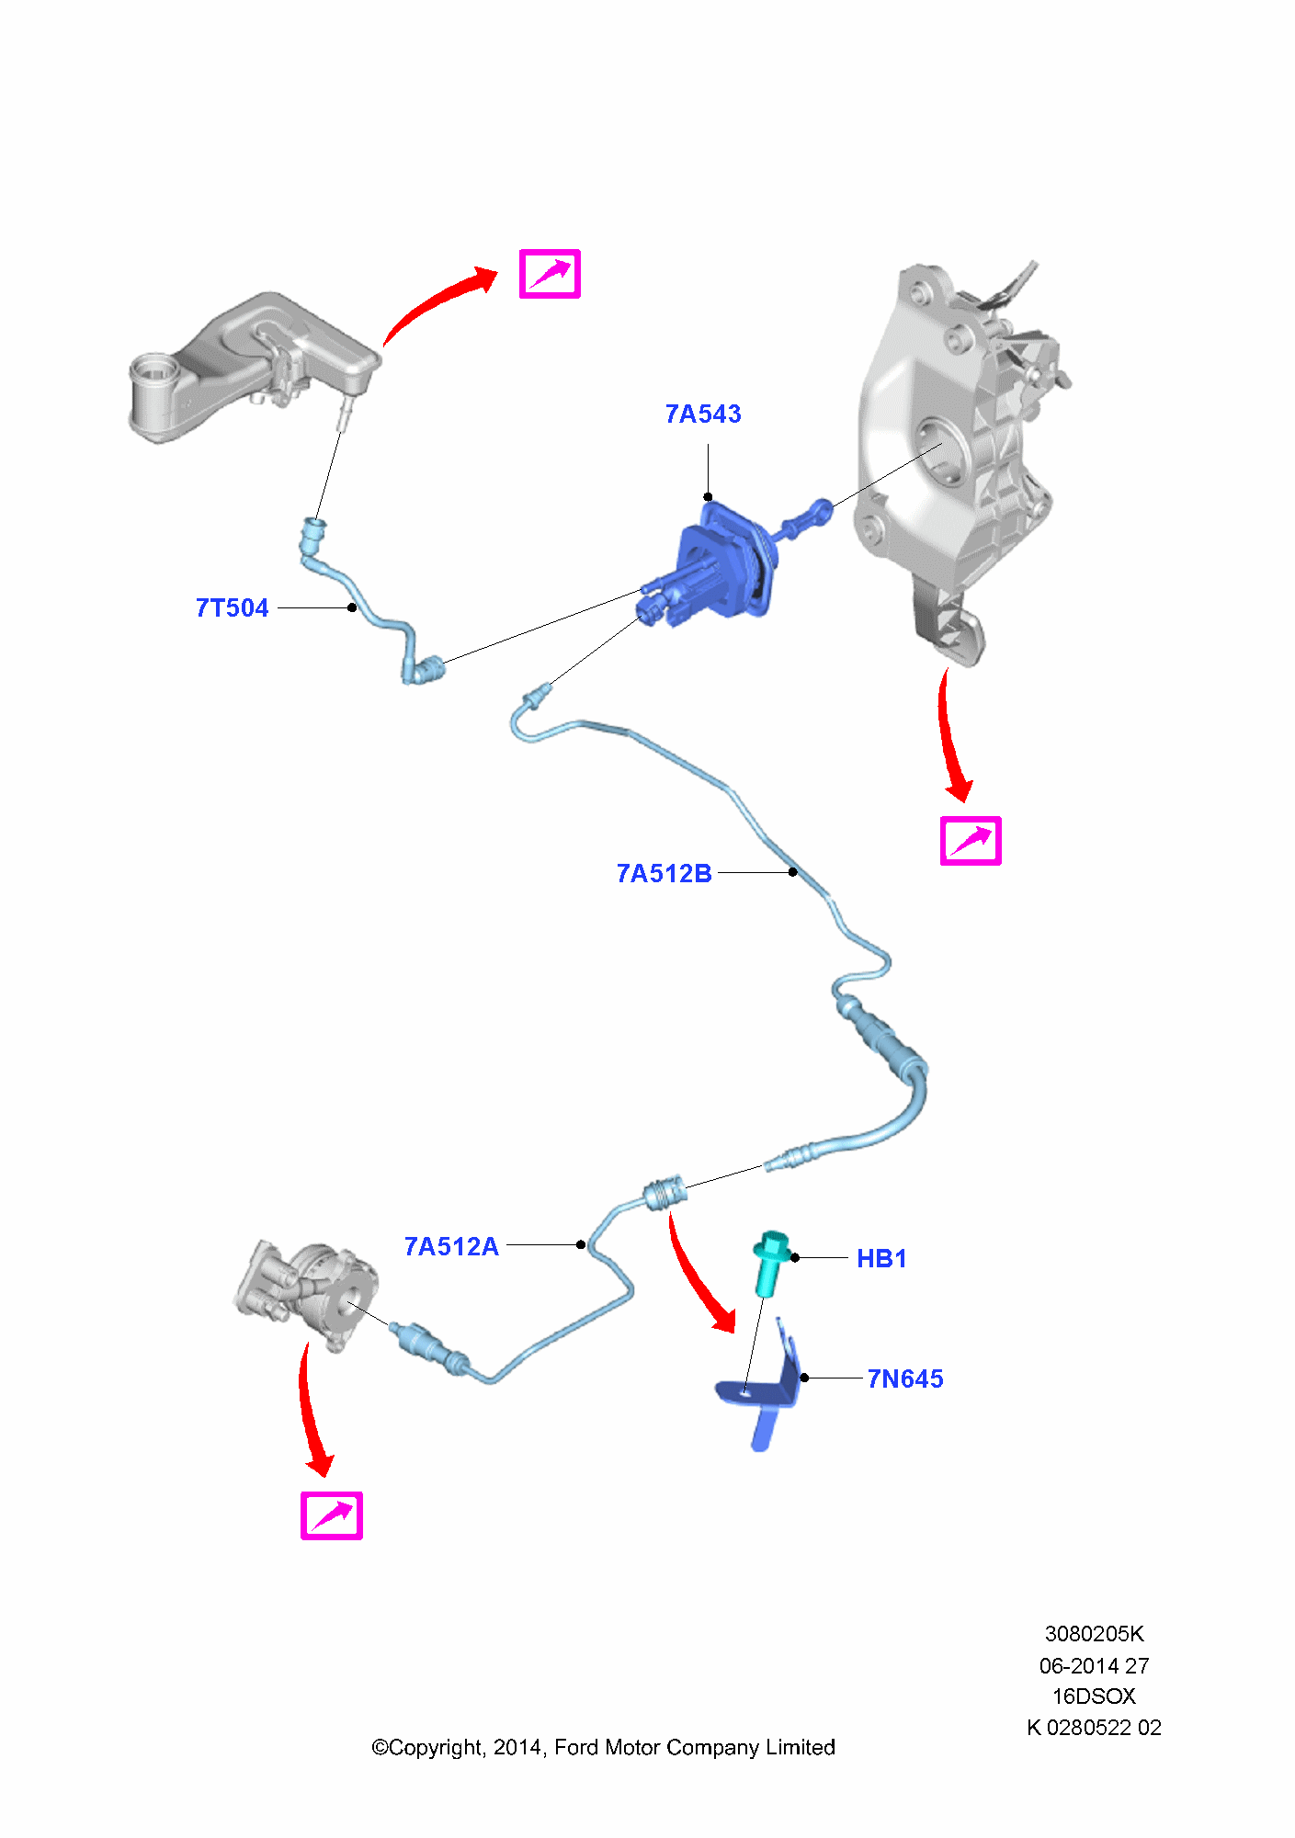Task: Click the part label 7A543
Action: [703, 414]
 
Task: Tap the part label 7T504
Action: [232, 608]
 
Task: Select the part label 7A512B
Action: [664, 874]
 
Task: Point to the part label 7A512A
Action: [451, 1247]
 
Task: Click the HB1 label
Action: [881, 1259]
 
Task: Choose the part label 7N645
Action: [905, 1379]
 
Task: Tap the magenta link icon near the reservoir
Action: [550, 274]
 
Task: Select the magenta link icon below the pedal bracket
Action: [970, 841]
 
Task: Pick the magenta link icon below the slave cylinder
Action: [332, 1515]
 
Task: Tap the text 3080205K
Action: [1094, 1634]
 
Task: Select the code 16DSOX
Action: [1094, 1696]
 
